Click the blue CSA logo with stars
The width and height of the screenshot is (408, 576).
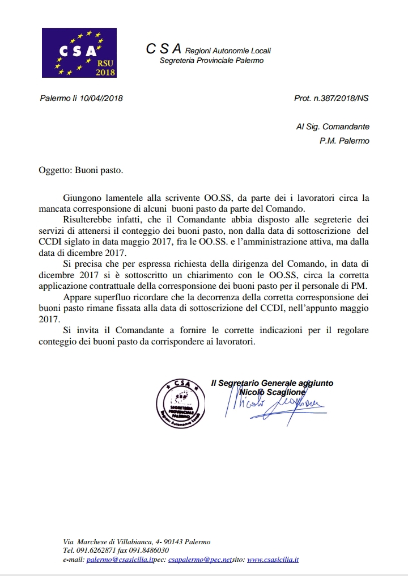[79, 53]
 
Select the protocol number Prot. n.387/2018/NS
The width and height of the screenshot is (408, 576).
[331, 98]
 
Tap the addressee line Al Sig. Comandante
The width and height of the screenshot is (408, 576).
[332, 127]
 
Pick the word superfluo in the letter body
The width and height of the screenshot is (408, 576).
[115, 297]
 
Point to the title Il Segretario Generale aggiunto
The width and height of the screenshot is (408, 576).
[271, 383]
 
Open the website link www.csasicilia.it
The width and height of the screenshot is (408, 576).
[273, 559]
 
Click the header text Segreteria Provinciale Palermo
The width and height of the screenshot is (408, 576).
[211, 61]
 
